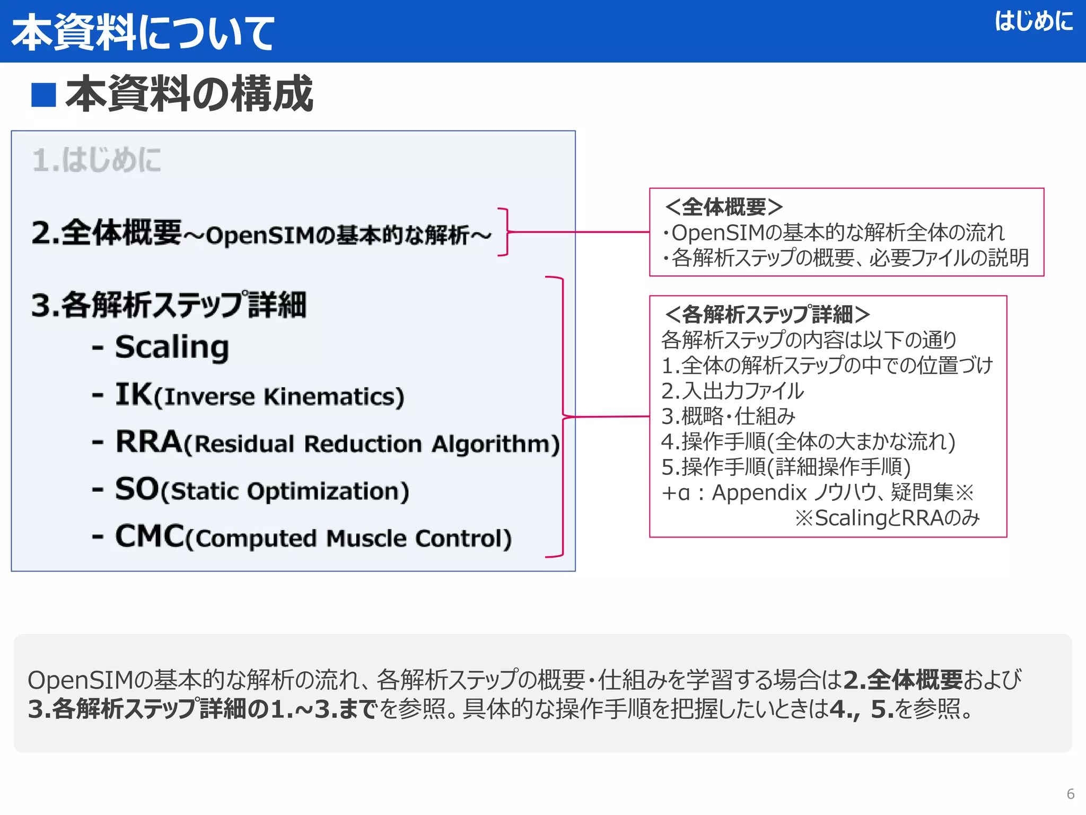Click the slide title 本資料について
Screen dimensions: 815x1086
click(142, 33)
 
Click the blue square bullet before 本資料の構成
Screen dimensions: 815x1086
click(43, 95)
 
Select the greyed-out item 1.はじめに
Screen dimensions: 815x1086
click(97, 160)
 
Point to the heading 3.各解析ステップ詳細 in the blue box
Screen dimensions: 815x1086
click(169, 305)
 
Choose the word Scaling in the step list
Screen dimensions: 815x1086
click(172, 347)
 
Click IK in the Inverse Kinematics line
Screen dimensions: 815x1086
click(134, 394)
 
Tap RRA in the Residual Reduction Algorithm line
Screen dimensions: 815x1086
click(148, 441)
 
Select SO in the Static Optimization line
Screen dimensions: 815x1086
click(137, 489)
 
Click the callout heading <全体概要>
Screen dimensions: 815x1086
click(723, 207)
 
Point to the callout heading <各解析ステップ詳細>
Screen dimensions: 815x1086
click(767, 315)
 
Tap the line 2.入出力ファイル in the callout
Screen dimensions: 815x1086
click(732, 391)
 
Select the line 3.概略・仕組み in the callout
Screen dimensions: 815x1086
click(728, 417)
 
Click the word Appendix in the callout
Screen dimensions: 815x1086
click(759, 493)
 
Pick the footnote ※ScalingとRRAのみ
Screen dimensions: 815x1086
click(887, 518)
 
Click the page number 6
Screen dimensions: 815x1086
click(1070, 794)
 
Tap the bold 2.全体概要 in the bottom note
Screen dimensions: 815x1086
click(903, 680)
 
